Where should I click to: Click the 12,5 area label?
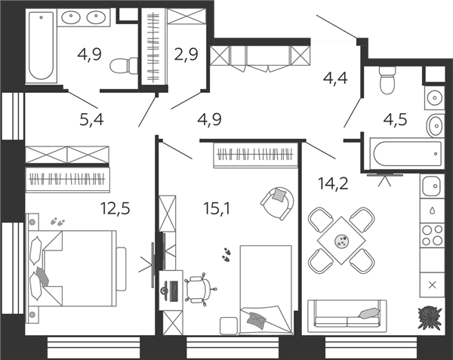click(x=115, y=208)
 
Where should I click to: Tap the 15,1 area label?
click(x=217, y=208)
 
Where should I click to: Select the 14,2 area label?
click(x=333, y=183)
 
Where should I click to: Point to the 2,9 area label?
click(x=186, y=54)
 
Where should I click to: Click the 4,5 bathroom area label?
click(x=395, y=119)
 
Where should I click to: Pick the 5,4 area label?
click(x=91, y=119)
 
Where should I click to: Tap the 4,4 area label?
click(x=335, y=78)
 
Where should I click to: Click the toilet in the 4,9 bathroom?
click(x=125, y=66)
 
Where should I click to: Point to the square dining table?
click(x=341, y=240)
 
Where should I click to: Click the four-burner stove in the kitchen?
click(x=432, y=235)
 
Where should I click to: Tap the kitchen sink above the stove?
click(x=432, y=186)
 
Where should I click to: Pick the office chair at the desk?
click(x=200, y=289)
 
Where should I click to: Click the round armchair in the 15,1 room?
click(x=277, y=203)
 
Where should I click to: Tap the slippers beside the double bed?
click(x=57, y=222)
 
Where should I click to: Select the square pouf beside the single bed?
click(x=229, y=325)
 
